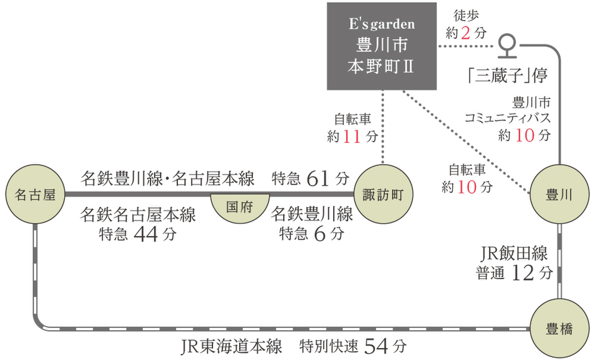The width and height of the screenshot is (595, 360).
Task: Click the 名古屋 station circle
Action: pos(35,194)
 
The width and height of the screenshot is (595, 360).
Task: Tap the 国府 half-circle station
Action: pos(240,208)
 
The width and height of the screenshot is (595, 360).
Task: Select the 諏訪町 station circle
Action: pos(383,194)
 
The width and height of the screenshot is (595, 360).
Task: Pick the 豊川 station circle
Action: pos(559,194)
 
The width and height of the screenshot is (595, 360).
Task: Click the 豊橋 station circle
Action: pos(559,328)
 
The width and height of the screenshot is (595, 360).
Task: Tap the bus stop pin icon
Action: pos(507,46)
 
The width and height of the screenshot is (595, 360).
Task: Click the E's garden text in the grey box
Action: pos(382,24)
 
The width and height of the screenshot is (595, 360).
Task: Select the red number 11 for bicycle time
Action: pos(352,137)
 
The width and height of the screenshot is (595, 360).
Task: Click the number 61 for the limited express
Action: pos(318,179)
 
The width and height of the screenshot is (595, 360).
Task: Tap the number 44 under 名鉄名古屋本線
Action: pos(146,235)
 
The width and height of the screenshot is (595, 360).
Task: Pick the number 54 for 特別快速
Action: pos(376,347)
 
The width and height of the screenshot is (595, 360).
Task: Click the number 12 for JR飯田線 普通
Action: pos(523,273)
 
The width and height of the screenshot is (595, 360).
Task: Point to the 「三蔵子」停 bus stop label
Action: pos(508,75)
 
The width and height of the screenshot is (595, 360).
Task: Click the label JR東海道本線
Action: pos(231,347)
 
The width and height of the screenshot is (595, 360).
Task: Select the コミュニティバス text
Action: pos(508,118)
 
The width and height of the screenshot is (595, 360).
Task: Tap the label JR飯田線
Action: pos(514,254)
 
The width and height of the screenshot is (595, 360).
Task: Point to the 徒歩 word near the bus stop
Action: pos(466,16)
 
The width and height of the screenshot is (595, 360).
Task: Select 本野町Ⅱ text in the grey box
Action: pos(381,66)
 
